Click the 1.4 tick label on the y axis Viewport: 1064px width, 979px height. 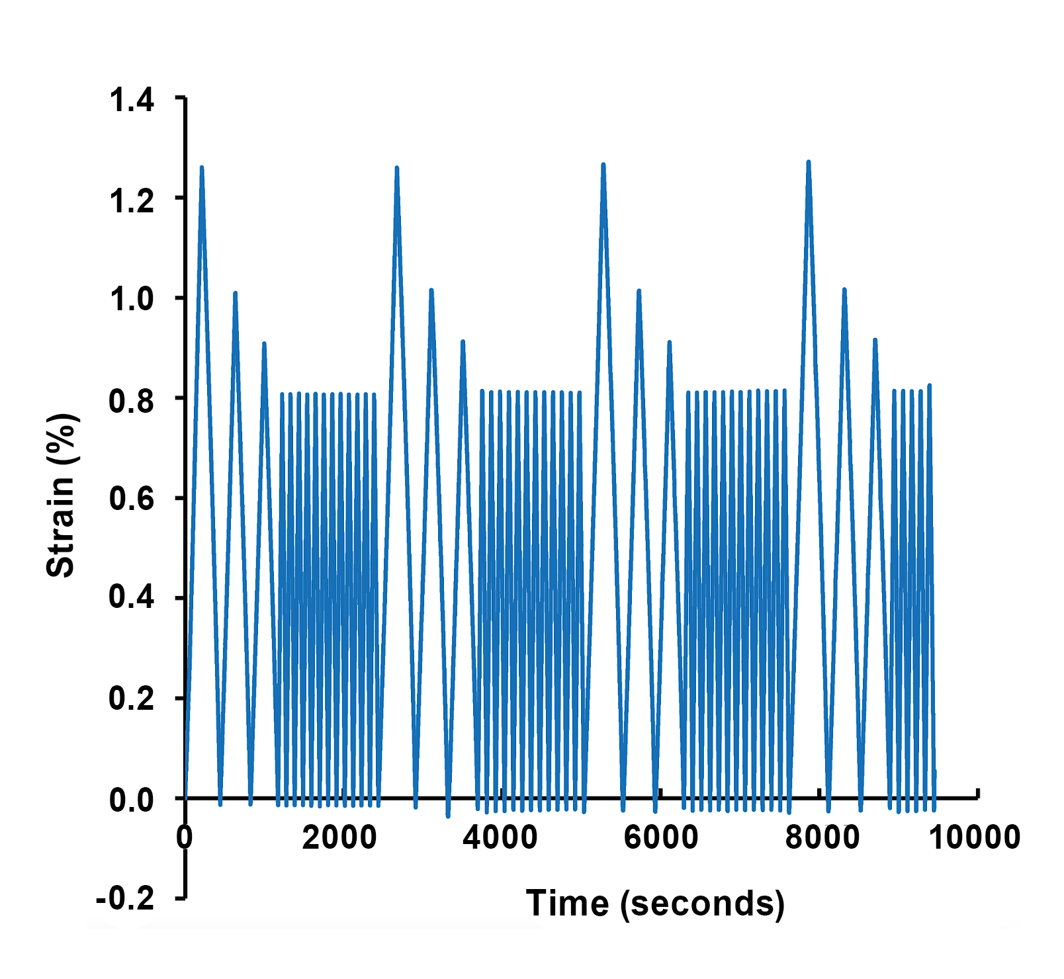click(132, 101)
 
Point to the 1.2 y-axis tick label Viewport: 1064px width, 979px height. click(132, 201)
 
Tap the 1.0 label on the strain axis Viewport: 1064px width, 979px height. click(132, 300)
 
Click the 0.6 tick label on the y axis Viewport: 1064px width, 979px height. click(132, 499)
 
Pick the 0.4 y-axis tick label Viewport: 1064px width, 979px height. click(132, 599)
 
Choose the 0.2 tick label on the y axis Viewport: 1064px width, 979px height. click(132, 699)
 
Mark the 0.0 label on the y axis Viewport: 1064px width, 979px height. click(132, 800)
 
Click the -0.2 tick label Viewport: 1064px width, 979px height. click(126, 899)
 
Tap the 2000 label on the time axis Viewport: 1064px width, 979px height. click(339, 838)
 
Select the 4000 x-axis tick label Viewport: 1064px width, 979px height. click(500, 838)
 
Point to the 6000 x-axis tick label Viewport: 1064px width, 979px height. click(660, 838)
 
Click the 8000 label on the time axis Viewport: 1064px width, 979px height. click(822, 838)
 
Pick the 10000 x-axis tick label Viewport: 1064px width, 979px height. click(975, 838)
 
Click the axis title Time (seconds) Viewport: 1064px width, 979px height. click(655, 904)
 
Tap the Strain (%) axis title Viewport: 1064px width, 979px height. click(62, 495)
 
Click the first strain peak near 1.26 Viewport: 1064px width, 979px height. click(202, 168)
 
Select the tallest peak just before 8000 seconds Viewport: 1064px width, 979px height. click(809, 162)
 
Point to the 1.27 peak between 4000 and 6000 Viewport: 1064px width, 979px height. click(603, 165)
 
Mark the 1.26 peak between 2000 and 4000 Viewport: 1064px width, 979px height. click(396, 168)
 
